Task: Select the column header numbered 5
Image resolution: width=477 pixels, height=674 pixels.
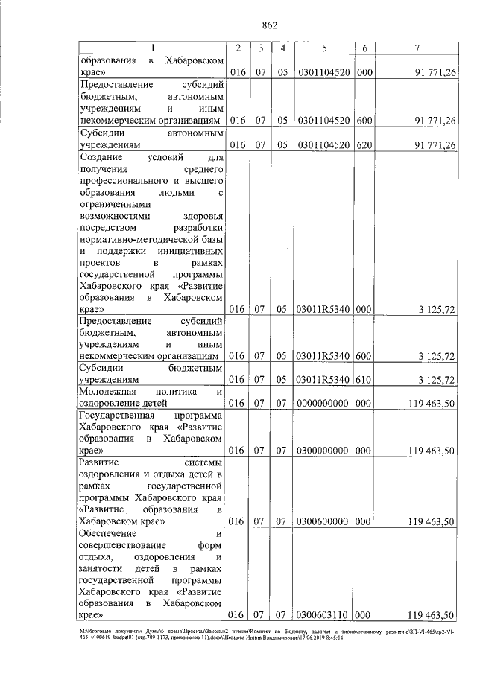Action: click(324, 48)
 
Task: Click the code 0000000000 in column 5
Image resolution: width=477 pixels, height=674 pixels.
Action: click(324, 404)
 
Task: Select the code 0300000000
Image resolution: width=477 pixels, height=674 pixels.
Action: click(324, 451)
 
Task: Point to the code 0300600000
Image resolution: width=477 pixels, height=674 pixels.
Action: click(324, 522)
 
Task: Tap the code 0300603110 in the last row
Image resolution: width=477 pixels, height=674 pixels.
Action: click(324, 616)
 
